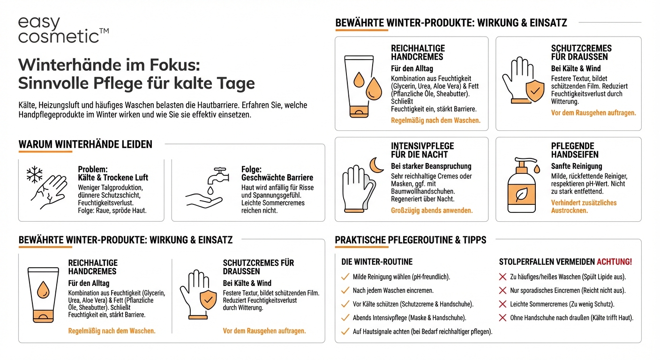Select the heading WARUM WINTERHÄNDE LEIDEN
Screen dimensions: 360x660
point(85,144)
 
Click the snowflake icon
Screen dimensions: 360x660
point(34,174)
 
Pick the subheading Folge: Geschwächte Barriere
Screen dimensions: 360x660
point(277,173)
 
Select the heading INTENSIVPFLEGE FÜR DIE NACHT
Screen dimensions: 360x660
point(422,150)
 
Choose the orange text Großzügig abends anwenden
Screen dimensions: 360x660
point(432,210)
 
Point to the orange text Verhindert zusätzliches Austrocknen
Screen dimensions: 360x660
point(584,207)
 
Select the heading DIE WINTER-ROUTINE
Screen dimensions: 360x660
point(377,262)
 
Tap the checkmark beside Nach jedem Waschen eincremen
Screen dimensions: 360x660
point(345,291)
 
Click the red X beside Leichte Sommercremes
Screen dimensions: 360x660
point(502,304)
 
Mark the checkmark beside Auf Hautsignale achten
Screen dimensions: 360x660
point(345,331)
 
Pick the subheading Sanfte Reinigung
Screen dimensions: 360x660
point(577,166)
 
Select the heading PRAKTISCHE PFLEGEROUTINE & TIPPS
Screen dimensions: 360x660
point(411,240)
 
